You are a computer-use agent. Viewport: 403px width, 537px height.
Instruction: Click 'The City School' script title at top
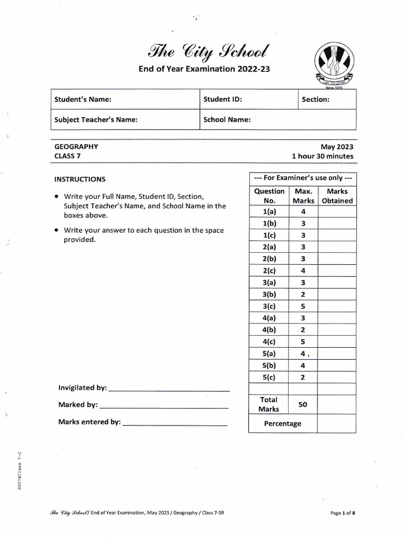point(204,51)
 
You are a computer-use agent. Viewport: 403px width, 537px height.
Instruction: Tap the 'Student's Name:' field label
point(83,100)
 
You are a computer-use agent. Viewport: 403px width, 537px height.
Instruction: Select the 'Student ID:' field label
point(222,100)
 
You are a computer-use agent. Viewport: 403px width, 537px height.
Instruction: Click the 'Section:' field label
point(316,100)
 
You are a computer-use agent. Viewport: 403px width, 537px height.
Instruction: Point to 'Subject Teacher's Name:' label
point(96,120)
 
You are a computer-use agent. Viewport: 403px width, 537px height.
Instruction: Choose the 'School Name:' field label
point(227,120)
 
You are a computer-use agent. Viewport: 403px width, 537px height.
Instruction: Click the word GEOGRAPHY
point(76,147)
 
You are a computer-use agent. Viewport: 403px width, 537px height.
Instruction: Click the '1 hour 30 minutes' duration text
point(322,156)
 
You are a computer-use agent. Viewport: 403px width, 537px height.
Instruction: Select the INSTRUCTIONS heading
point(80,179)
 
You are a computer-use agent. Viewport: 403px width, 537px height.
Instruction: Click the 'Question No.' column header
point(269,196)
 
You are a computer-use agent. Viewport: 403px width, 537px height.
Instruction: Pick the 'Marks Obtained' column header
point(337,196)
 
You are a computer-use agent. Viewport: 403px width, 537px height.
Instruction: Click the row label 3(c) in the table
point(269,306)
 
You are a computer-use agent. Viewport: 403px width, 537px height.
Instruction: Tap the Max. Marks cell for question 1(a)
point(303,212)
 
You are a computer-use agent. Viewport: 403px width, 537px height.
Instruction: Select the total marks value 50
point(303,404)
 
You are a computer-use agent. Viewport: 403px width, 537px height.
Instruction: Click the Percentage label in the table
point(282,424)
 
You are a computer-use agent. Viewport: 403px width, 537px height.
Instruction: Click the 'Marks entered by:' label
point(90,422)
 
